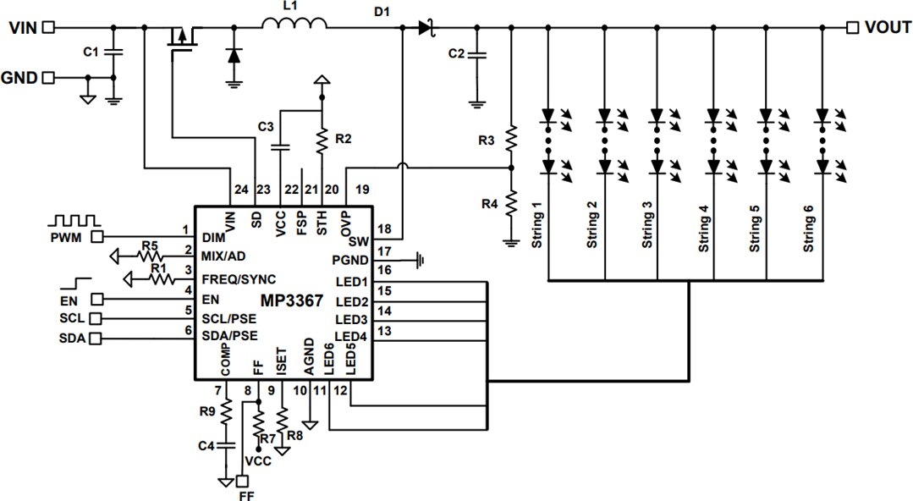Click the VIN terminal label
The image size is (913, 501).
[x=23, y=28]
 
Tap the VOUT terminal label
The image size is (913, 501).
[x=888, y=28]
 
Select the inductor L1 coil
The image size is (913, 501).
[x=293, y=26]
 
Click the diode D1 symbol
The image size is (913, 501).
[x=425, y=28]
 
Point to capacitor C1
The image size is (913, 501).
[x=114, y=53]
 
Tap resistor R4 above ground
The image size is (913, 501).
[x=511, y=204]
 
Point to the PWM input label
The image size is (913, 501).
[x=65, y=237]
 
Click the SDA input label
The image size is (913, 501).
[x=72, y=339]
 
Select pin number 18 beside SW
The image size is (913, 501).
[x=385, y=229]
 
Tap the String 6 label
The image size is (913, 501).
[x=809, y=225]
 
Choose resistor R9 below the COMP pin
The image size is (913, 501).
[x=226, y=412]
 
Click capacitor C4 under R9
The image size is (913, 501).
[x=226, y=445]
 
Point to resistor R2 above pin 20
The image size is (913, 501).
[x=322, y=139]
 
